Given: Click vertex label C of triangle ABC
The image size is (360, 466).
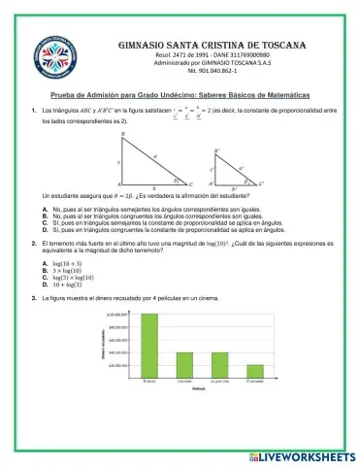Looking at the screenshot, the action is click(x=191, y=183).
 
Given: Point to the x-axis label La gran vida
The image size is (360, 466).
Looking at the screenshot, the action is click(x=219, y=383).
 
